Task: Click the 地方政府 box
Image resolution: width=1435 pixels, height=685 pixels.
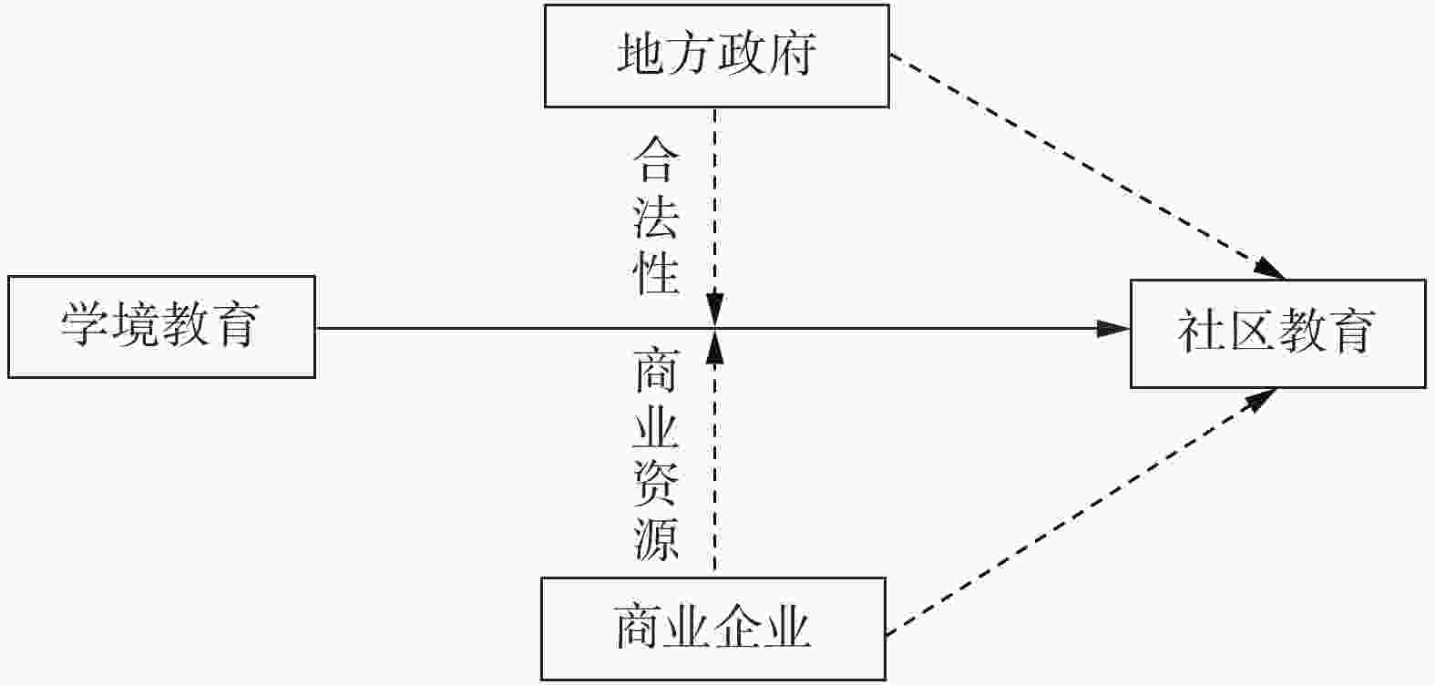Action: (716, 56)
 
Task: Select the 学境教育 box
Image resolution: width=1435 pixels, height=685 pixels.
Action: (161, 326)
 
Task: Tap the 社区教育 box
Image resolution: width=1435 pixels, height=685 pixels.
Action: (1277, 333)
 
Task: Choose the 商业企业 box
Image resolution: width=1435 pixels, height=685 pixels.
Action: (713, 628)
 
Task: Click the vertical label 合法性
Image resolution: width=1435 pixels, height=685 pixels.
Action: (657, 217)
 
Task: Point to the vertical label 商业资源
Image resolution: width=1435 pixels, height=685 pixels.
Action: (657, 455)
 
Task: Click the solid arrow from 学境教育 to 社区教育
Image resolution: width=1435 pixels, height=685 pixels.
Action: (911, 328)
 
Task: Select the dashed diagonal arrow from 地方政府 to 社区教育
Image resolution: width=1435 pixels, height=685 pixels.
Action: (1084, 164)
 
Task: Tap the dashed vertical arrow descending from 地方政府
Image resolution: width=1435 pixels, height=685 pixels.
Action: (715, 200)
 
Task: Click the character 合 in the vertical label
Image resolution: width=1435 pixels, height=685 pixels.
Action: (657, 160)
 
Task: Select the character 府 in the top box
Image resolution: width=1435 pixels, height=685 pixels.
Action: (791, 56)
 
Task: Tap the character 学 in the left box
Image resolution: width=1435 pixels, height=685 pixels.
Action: (86, 326)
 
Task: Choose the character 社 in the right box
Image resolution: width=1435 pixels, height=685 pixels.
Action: (1201, 333)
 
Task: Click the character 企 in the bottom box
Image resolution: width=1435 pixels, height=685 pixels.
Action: (738, 628)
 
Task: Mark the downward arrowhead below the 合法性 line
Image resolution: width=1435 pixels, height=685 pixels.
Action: (715, 308)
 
